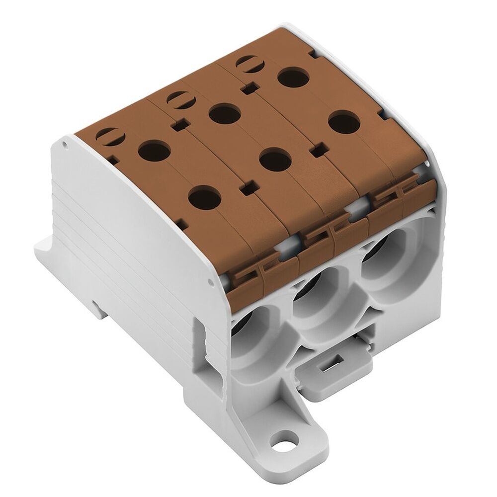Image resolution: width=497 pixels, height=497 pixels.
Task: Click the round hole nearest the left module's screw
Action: point(151,150)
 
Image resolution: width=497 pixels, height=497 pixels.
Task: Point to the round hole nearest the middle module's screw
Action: point(225,114)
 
